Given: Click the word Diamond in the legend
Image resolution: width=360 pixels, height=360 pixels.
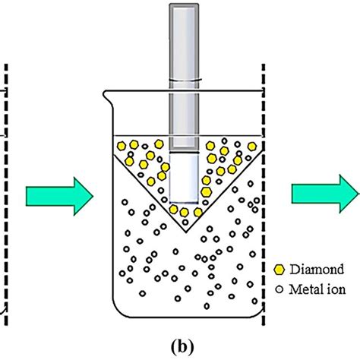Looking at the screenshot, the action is (317, 269).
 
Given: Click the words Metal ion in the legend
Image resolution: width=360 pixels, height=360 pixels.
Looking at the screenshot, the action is (317, 289).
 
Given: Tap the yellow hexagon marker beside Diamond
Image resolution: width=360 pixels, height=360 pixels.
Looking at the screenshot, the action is (279, 270).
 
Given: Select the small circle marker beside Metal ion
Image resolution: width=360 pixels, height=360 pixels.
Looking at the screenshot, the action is (279, 289).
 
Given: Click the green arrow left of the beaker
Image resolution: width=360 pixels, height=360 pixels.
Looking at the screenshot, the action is (59, 196).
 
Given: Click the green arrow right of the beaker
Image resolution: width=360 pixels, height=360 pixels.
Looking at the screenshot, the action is (326, 194).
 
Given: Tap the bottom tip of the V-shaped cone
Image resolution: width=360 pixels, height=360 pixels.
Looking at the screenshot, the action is (187, 232).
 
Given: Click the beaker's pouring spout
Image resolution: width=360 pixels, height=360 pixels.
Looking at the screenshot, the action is (106, 95).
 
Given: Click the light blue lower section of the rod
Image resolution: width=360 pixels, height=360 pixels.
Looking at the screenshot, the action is (184, 178).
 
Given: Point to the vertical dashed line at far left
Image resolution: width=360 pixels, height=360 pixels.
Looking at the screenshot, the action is (6, 194).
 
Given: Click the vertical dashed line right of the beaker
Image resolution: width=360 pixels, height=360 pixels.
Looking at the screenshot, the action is (264, 194).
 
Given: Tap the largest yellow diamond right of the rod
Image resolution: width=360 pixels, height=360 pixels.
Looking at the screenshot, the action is (207, 192).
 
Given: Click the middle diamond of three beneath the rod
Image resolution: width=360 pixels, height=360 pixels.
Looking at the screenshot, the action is (185, 212).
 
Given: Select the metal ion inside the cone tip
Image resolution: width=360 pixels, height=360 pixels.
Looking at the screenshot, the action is (185, 223).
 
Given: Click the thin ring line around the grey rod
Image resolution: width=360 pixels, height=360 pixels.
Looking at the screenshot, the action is (184, 81).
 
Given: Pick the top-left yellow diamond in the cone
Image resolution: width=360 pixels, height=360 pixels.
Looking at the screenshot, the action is (122, 146).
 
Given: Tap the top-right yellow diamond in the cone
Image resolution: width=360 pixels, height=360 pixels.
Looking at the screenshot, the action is (252, 147).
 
